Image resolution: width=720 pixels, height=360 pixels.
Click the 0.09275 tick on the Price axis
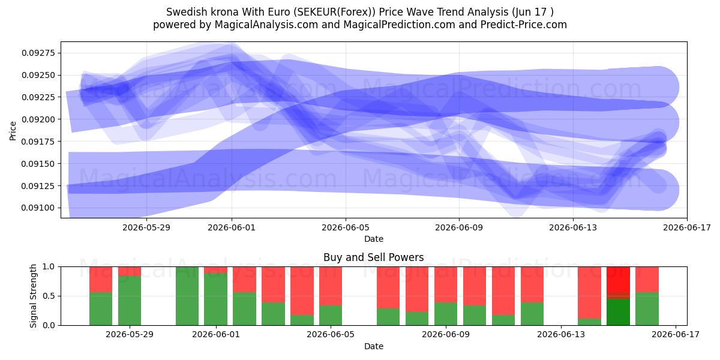pos(38,53)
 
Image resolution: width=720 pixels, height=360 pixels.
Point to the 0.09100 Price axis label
pos(38,208)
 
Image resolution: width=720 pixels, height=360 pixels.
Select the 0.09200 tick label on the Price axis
pos(38,119)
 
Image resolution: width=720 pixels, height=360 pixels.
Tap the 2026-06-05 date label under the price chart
pos(346,227)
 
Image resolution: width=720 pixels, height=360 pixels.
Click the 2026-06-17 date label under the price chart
pos(687,227)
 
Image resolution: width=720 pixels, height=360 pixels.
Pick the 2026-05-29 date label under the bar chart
pos(130,335)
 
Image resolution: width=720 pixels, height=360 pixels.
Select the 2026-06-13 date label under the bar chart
pos(561,335)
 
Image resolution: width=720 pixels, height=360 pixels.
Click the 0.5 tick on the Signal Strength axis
pos(49,296)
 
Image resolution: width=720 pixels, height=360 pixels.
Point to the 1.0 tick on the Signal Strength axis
pos(49,267)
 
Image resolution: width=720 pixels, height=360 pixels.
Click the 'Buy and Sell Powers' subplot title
pos(373,257)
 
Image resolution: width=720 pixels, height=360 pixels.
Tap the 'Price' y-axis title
pos(13,131)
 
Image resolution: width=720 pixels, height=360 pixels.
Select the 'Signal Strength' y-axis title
pos(33,296)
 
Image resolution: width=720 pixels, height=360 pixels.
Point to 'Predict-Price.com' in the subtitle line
pos(524,25)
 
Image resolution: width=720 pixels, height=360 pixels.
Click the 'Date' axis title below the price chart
pos(373,239)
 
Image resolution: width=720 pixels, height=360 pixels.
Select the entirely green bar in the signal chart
pos(187,296)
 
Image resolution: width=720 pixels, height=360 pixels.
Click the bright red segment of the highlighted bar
pos(618,280)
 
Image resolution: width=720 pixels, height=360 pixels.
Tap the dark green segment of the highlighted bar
pos(618,312)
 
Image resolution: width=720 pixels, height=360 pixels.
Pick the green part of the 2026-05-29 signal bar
pos(130,301)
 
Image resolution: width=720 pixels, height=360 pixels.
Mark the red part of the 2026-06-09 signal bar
pos(445,284)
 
